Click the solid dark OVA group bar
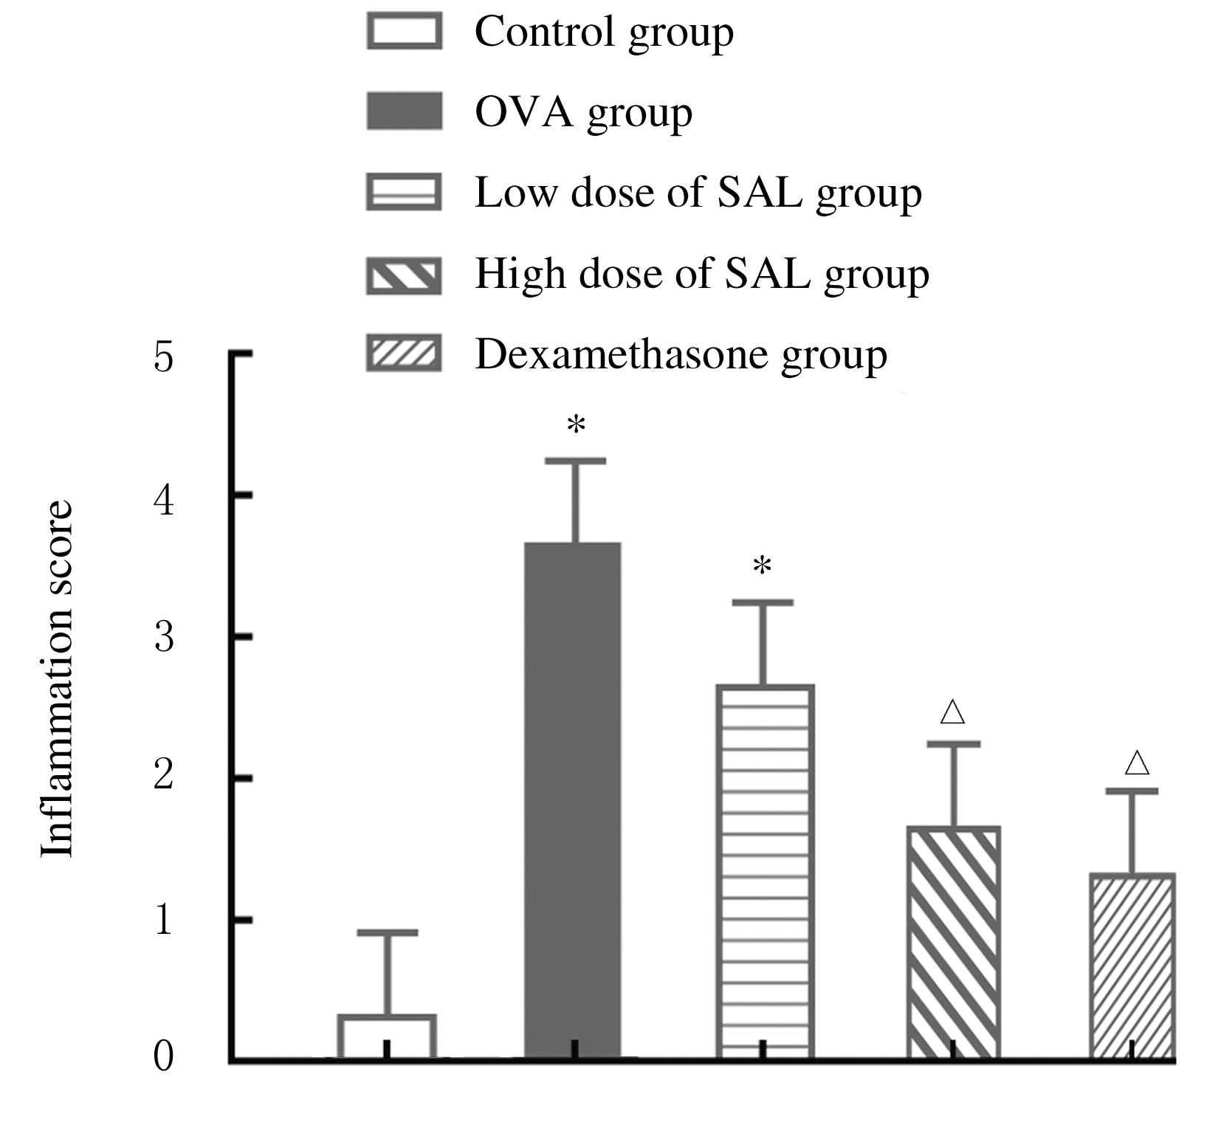pyautogui.click(x=573, y=801)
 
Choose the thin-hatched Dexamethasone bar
pyautogui.click(x=1132, y=966)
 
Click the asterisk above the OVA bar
pyautogui.click(x=576, y=426)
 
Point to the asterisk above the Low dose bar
pyautogui.click(x=762, y=568)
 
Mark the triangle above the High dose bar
pyautogui.click(x=953, y=712)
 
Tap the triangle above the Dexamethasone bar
pyautogui.click(x=1137, y=763)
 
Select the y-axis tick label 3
pyautogui.click(x=164, y=637)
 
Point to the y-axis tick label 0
pyautogui.click(x=164, y=1056)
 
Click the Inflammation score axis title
pyautogui.click(x=57, y=679)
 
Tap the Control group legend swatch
pyautogui.click(x=404, y=32)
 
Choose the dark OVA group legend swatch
pyautogui.click(x=404, y=112)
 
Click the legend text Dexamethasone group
pyautogui.click(x=681, y=355)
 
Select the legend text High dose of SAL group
pyautogui.click(x=701, y=274)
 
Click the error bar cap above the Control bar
pyautogui.click(x=387, y=932)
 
